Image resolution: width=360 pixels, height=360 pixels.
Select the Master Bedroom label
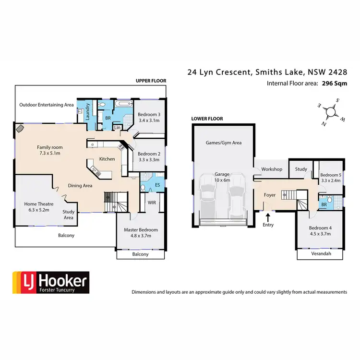pyautogui.click(x=141, y=229)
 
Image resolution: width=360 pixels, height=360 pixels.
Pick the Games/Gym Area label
pyautogui.click(x=223, y=143)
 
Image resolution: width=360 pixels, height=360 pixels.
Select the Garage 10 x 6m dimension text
pyautogui.click(x=222, y=180)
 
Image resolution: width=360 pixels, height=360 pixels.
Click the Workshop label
pyautogui.click(x=271, y=170)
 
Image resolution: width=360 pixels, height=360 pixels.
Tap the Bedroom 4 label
pyautogui.click(x=320, y=228)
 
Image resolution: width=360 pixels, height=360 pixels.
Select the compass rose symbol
pyautogui.click(x=330, y=112)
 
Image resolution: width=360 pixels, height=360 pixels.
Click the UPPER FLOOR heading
pyautogui.click(x=151, y=81)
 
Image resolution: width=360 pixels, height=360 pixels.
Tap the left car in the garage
pyautogui.click(x=209, y=197)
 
